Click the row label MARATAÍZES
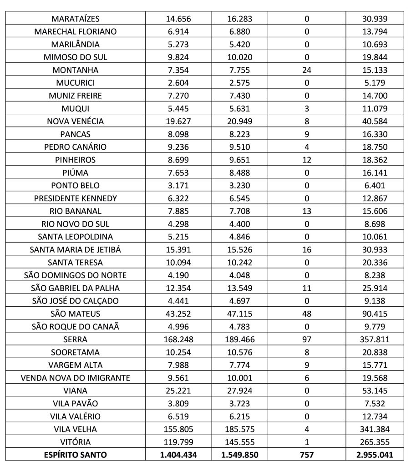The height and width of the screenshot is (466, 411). pos(76,19)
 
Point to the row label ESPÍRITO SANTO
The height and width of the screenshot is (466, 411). pos(76,455)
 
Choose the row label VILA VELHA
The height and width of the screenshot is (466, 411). pos(76,429)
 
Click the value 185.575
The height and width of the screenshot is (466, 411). pos(239,429)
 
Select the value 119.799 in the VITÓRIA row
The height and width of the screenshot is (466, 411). pos(178,442)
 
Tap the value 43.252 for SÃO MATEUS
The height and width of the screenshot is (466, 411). pos(178,314)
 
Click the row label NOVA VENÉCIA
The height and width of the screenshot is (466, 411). pos(76,122)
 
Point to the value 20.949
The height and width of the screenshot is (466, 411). pos(239,122)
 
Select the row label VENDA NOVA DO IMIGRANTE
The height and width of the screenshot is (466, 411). pos(76,378)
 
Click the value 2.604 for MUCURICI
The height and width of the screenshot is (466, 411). pos(178,83)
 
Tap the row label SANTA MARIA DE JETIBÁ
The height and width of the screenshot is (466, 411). pos(76,250)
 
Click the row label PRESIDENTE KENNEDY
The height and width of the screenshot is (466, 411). pos(76,198)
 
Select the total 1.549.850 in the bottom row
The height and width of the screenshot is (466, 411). pos(239,455)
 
